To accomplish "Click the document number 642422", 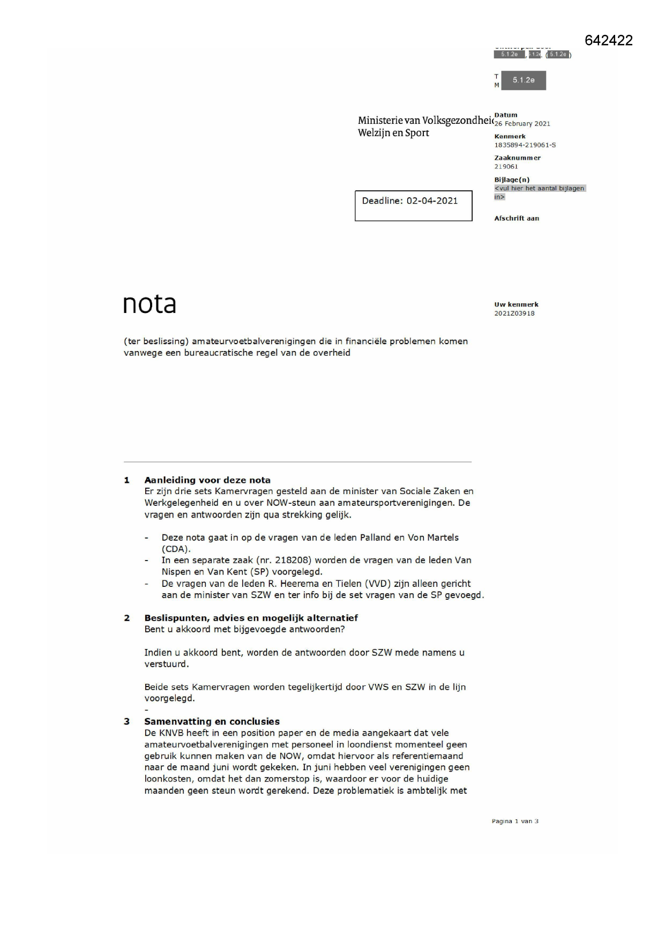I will [x=608, y=40].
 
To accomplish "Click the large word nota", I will [x=150, y=304].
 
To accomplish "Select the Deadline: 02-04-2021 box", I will [x=413, y=205].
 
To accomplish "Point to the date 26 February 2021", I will [x=522, y=124].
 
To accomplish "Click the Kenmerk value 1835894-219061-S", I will [x=525, y=145].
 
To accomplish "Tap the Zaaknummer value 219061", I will [x=506, y=167].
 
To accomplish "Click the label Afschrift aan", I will [x=517, y=218].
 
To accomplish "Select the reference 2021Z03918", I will [x=514, y=314].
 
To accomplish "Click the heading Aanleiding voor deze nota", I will [x=207, y=480].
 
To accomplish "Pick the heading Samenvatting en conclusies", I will [x=212, y=721].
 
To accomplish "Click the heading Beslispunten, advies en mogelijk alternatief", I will [x=251, y=617].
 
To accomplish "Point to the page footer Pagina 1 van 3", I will [x=515, y=821].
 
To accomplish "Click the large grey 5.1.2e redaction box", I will [x=523, y=80].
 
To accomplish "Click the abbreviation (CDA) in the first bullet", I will [x=176, y=549].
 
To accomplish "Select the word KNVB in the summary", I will [x=171, y=733].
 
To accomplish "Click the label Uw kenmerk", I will [x=516, y=304].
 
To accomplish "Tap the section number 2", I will [x=127, y=618].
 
